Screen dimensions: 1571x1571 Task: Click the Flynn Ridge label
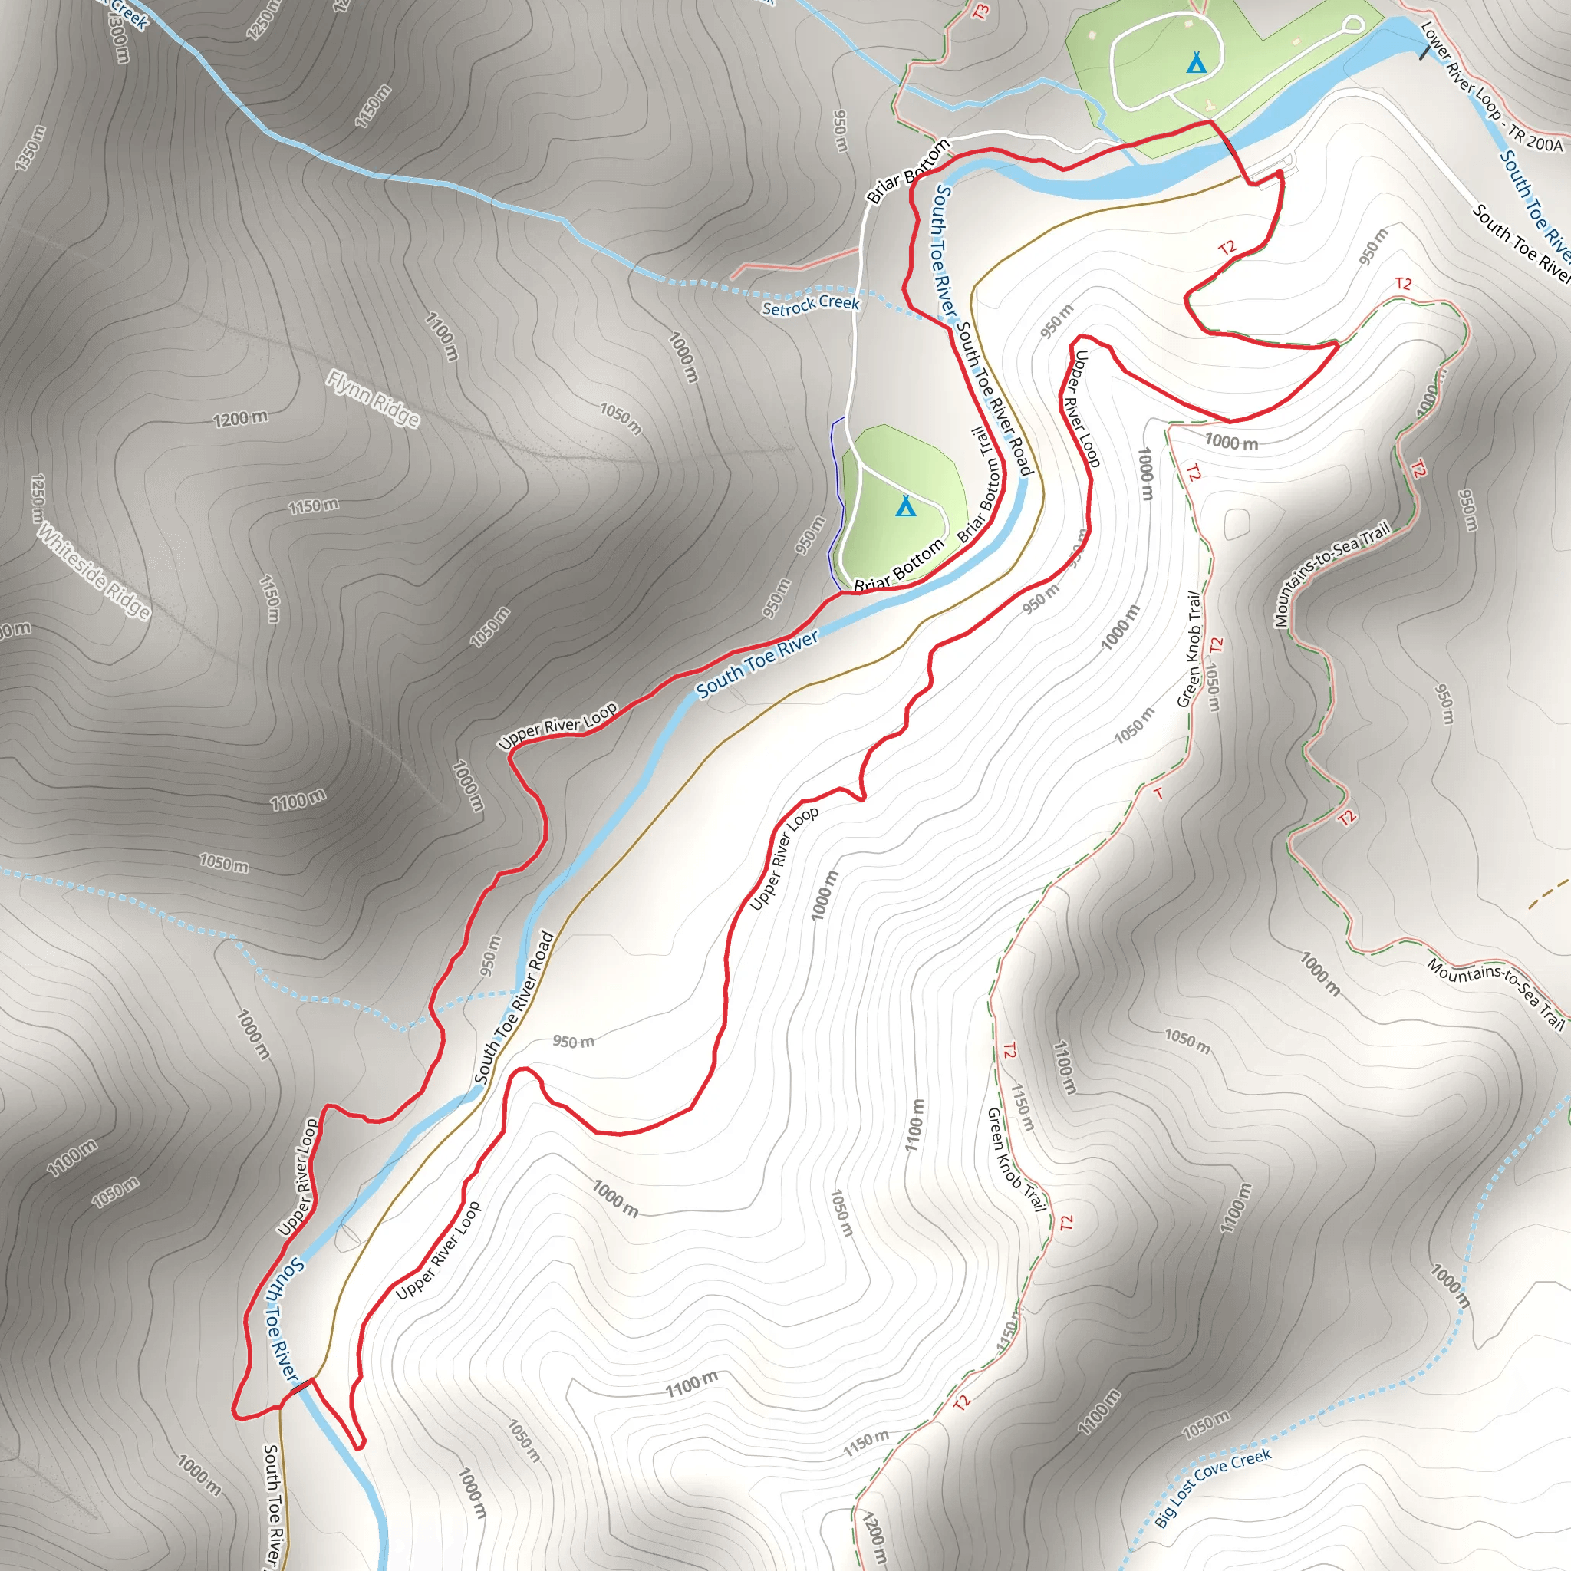pos(374,397)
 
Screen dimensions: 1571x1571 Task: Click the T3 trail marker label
pos(981,12)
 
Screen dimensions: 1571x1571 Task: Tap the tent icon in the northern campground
pos(1195,62)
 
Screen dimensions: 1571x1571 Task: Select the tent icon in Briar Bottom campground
pos(905,506)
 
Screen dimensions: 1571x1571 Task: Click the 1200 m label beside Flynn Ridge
pos(240,418)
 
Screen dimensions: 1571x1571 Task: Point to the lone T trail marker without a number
pos(1159,793)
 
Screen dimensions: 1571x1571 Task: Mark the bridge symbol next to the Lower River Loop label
pos(1423,52)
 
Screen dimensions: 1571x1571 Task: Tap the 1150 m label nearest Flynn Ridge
pos(313,506)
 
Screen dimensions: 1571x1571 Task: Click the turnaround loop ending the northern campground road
pos(1352,25)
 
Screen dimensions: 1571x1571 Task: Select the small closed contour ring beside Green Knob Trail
pos(1236,523)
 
